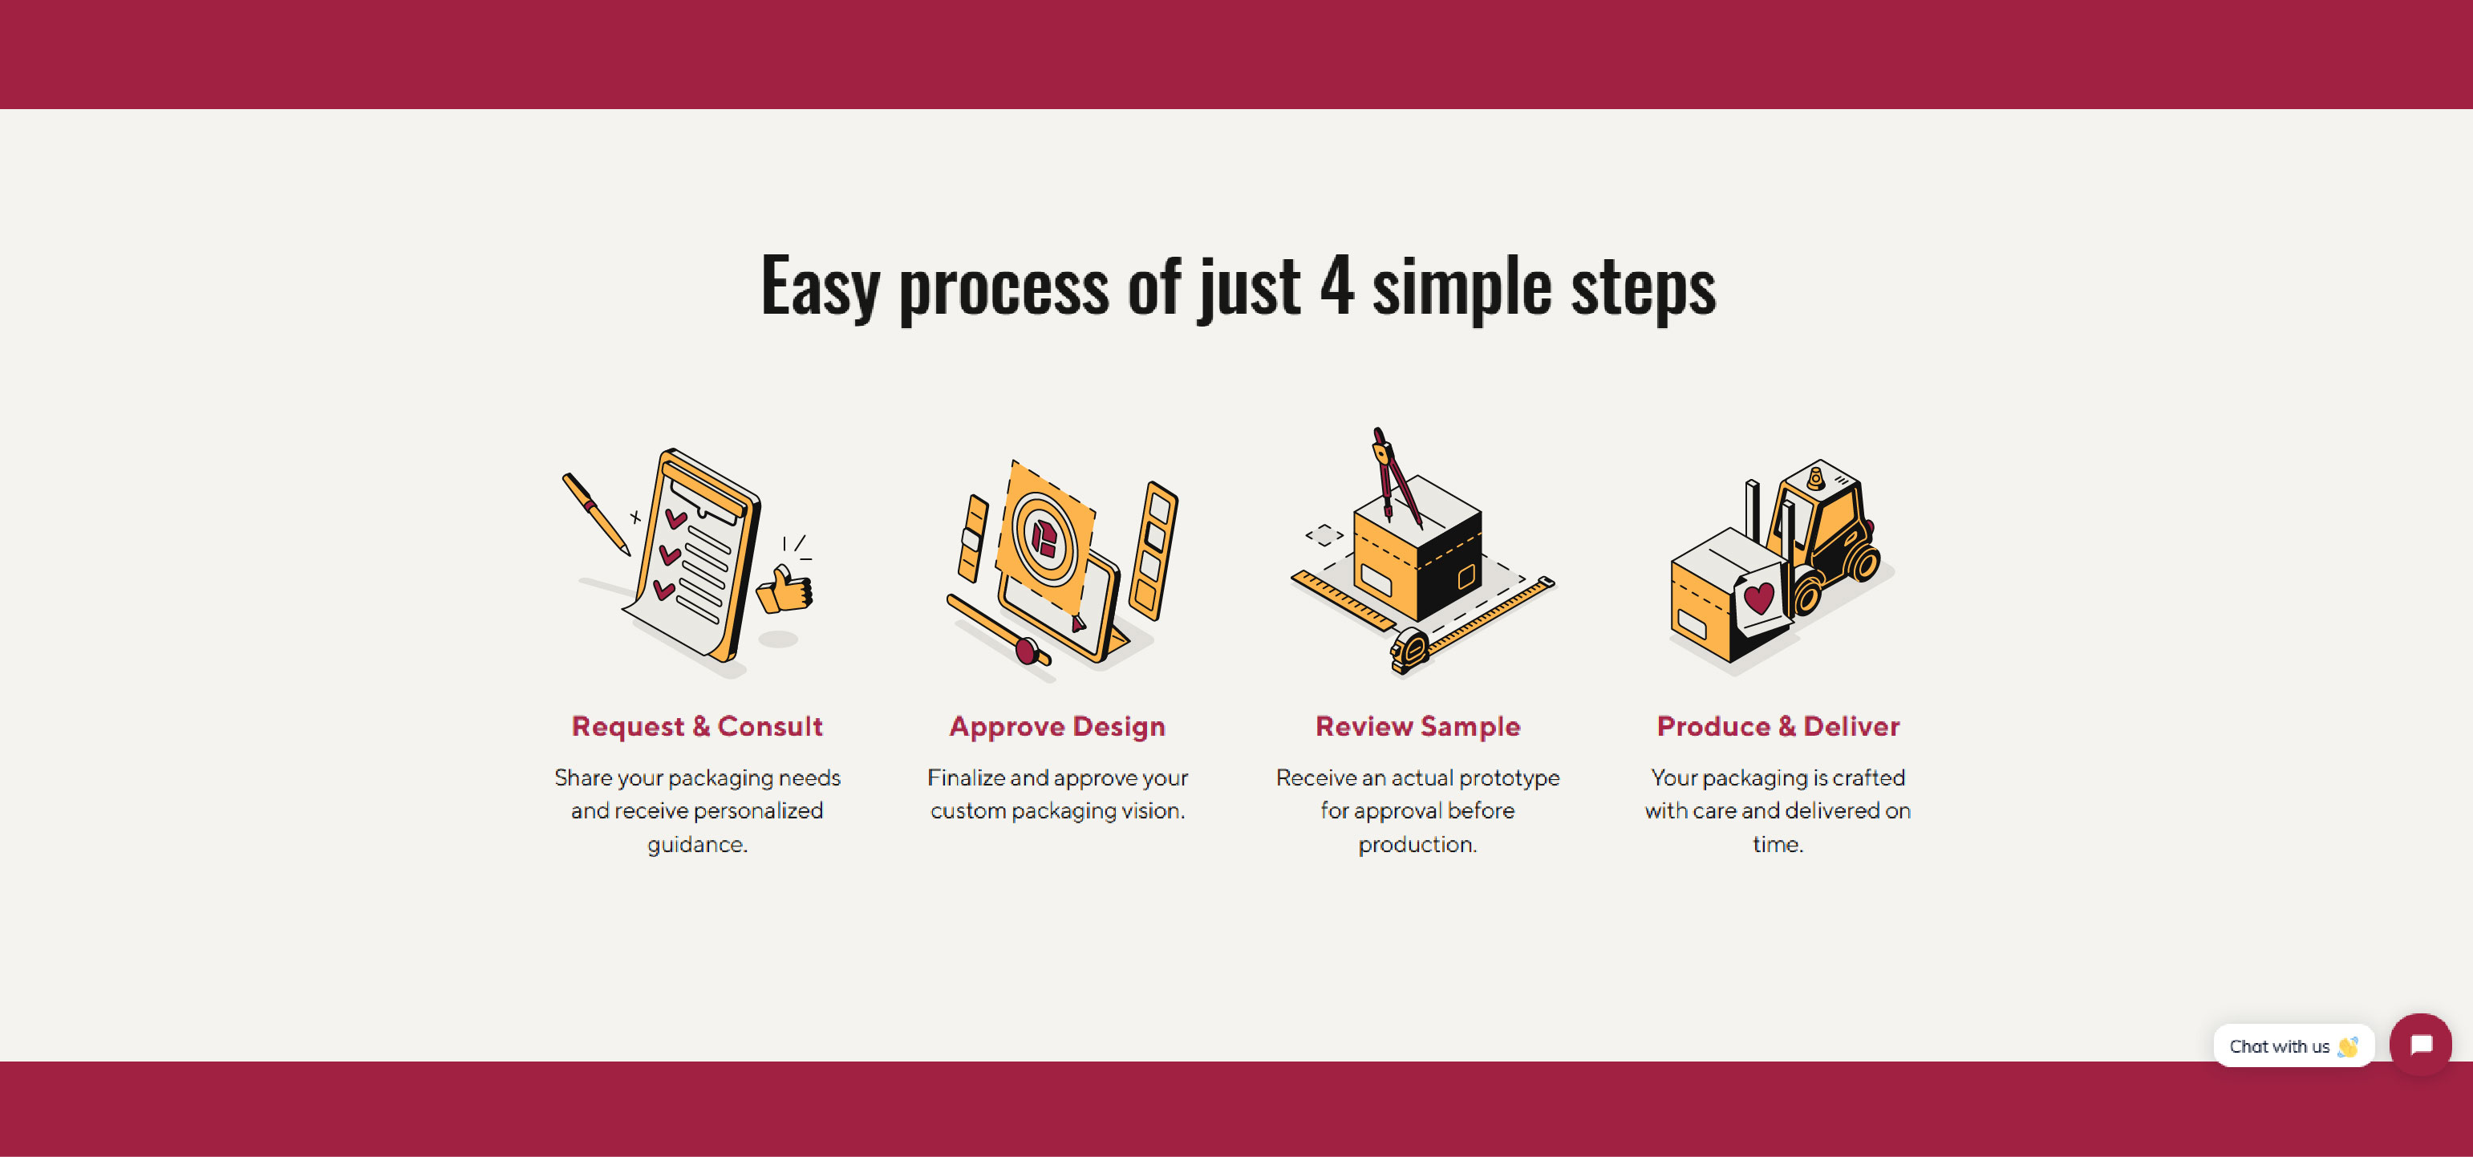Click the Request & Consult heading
pyautogui.click(x=697, y=726)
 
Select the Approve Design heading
pyautogui.click(x=1057, y=727)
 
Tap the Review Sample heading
pyautogui.click(x=1418, y=727)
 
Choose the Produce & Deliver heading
pyautogui.click(x=1778, y=726)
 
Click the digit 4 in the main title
pyautogui.click(x=1336, y=285)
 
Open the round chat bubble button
pyautogui.click(x=2420, y=1045)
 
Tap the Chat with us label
pyautogui.click(x=2279, y=1046)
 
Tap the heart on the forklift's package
pyautogui.click(x=1759, y=599)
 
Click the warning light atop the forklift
pyautogui.click(x=1815, y=477)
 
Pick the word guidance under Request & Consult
pyautogui.click(x=697, y=845)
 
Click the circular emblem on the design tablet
pyautogui.click(x=1044, y=538)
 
